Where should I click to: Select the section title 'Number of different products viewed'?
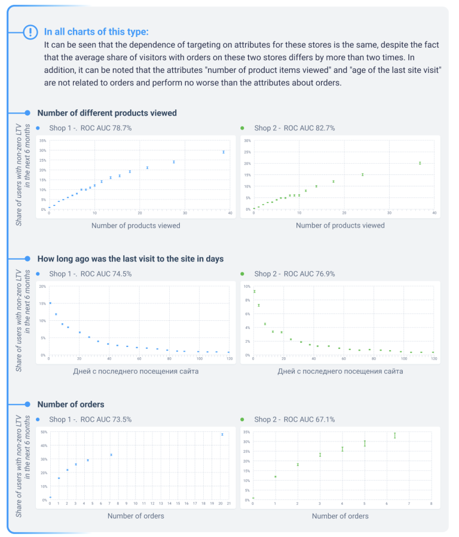pyautogui.click(x=107, y=113)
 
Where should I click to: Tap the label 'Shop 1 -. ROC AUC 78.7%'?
pyautogui.click(x=90, y=128)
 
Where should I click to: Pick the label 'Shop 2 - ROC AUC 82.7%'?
pyautogui.click(x=294, y=128)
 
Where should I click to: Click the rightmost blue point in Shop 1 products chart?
pyautogui.click(x=224, y=152)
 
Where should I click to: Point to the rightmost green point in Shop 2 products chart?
pyautogui.click(x=420, y=163)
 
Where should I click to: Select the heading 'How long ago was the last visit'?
pyautogui.click(x=130, y=259)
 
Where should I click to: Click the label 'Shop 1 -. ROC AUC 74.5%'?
pyautogui.click(x=90, y=274)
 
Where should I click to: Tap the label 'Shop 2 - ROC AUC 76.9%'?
pyautogui.click(x=294, y=274)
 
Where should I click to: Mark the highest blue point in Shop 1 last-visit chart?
pyautogui.click(x=50, y=303)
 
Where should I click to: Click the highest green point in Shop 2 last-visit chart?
pyautogui.click(x=255, y=291)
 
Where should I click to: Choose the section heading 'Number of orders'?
pyautogui.click(x=71, y=404)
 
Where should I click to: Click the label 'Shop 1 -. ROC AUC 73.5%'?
pyautogui.click(x=90, y=419)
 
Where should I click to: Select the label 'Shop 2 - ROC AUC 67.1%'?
pyautogui.click(x=294, y=419)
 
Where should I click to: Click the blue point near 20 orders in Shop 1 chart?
pyautogui.click(x=222, y=434)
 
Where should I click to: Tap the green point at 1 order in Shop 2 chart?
pyautogui.click(x=276, y=477)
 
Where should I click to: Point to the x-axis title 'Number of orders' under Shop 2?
pyautogui.click(x=340, y=515)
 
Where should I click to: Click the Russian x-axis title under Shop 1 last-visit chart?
pyautogui.click(x=136, y=371)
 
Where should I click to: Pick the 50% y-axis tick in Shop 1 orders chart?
pyautogui.click(x=44, y=431)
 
